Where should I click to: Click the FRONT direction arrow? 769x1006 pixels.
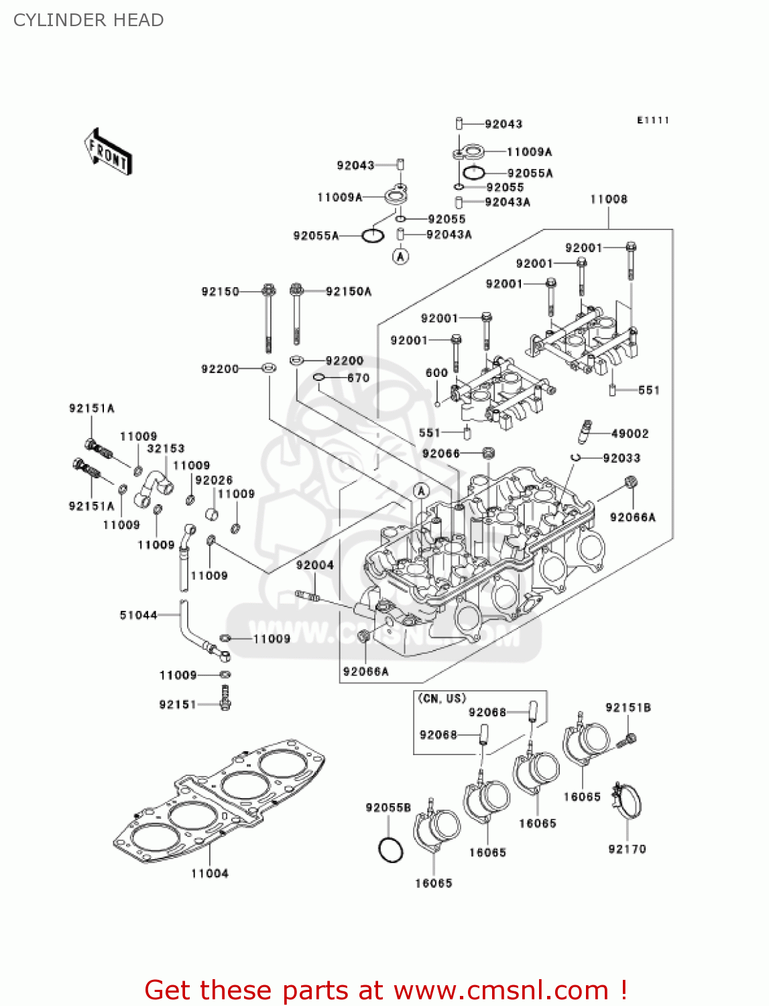pos(107,152)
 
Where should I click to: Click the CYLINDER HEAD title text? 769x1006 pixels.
pos(88,20)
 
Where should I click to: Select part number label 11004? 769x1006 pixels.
pos(209,873)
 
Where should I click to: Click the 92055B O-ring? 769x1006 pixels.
pos(390,850)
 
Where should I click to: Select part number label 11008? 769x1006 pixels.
pos(608,199)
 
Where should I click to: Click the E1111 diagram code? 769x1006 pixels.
pos(652,120)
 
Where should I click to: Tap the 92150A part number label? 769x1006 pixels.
pos(348,291)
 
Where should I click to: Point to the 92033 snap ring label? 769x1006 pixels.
pos(622,458)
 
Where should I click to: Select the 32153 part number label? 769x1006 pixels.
pos(166,449)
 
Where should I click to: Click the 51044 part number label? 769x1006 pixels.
pos(138,615)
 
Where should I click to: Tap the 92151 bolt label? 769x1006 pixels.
pos(178,704)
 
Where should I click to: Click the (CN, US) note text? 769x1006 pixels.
pos(442,698)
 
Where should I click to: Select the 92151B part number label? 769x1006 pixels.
pos(628,708)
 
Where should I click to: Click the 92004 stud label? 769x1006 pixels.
pos(314,565)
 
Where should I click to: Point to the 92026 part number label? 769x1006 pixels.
pos(214,480)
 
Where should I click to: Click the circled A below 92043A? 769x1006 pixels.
pos(400,256)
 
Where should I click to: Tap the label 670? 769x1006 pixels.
pos(358,378)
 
